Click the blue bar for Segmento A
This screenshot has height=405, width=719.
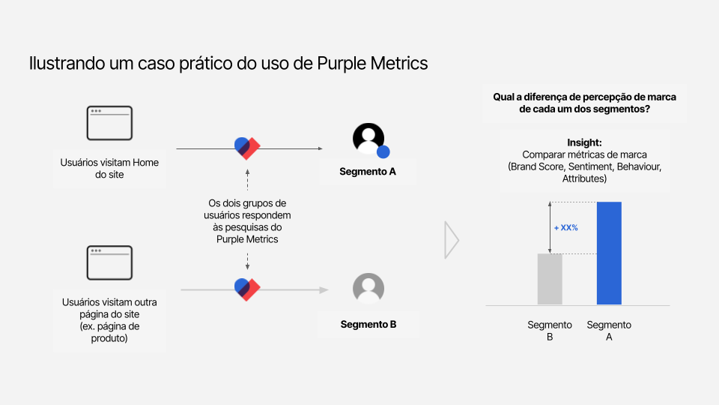(609, 253)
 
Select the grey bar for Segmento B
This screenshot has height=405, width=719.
(550, 279)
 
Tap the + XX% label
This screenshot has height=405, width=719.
(566, 228)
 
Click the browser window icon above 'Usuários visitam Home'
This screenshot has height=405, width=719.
(109, 123)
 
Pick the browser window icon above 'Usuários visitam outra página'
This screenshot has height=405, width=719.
(109, 262)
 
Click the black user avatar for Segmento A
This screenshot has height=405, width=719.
(368, 139)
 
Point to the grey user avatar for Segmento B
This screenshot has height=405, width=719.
(368, 289)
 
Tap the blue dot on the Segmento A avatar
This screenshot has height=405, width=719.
(383, 151)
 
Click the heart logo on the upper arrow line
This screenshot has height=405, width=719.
(247, 148)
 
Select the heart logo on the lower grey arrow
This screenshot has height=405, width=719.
(247, 289)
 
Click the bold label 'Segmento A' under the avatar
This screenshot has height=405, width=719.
(368, 172)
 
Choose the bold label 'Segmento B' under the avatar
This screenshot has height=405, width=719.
(368, 325)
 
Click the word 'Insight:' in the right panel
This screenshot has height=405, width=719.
(584, 142)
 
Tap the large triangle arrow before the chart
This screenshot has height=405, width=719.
(452, 240)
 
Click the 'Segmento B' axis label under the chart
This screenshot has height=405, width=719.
(550, 331)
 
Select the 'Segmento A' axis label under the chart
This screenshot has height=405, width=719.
(609, 331)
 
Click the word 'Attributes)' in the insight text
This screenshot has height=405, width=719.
(585, 178)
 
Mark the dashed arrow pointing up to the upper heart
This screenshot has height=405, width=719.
(248, 180)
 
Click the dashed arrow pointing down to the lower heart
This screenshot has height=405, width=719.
(248, 261)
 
